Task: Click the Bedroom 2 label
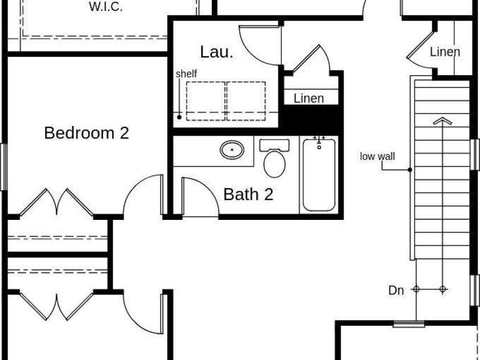coord(87,133)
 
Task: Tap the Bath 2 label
coord(248,194)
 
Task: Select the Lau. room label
coord(217,52)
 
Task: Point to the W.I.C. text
coord(106,6)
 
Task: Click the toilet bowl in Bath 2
coord(274,164)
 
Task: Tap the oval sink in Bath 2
coord(232,150)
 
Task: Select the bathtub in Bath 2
coord(319,175)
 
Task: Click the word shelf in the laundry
coord(186,74)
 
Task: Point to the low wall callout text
coord(378,157)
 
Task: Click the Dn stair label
coord(396,291)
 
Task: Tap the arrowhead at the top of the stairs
coord(442,121)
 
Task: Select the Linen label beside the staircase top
coord(445,52)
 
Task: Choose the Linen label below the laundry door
coord(309,99)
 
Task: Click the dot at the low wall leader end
coord(410,170)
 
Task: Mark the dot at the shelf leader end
coord(179,117)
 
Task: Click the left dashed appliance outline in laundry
coord(206,101)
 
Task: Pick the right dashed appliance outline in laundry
coord(246,101)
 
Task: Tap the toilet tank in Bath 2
coord(274,145)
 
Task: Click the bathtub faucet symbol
coord(319,142)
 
